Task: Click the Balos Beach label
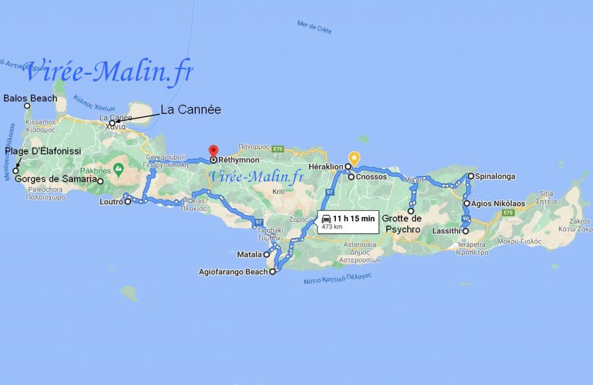[30, 98]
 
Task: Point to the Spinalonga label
[495, 176]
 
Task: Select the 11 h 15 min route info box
[348, 222]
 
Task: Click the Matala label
[250, 254]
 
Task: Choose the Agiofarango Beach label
[233, 271]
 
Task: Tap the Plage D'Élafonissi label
[43, 152]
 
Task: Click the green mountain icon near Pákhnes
[119, 170]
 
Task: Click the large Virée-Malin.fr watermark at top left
[108, 72]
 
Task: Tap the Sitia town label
[547, 194]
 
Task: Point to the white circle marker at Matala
[267, 254]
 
